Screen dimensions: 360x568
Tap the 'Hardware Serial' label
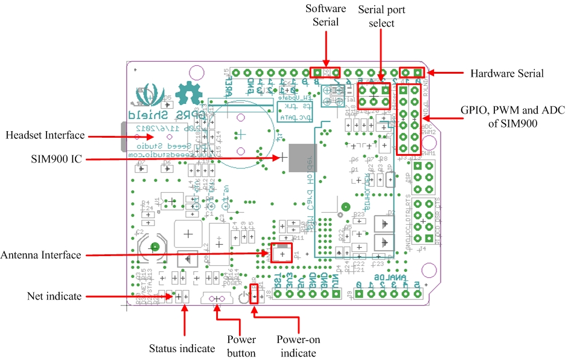506,74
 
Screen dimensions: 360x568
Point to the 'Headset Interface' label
45,136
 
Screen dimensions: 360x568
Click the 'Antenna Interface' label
40,255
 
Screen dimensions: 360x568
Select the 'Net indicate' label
54,296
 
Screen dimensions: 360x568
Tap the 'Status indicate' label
182,349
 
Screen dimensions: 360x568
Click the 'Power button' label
241,346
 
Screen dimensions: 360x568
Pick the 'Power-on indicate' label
296,346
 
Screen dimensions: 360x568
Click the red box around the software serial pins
325,72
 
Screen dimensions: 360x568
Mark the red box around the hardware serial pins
411,72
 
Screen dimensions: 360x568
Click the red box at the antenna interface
281,252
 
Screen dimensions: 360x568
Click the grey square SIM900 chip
303,158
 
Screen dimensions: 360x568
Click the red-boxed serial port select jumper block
374,95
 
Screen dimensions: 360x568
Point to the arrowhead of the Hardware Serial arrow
431,73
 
